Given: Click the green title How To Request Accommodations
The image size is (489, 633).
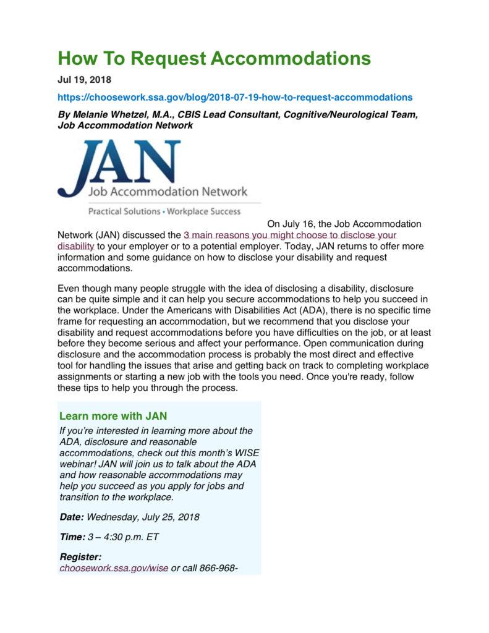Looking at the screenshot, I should point(214,59).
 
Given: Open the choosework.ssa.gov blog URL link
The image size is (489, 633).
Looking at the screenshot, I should point(234,97).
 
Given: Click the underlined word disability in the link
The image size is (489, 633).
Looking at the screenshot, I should point(75,246).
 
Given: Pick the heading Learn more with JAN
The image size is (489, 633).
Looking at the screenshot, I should point(113,416).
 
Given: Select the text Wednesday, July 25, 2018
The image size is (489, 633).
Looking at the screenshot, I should point(143,517).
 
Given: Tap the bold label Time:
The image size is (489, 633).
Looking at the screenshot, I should point(72,537).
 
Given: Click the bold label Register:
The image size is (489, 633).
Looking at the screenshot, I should point(80,557).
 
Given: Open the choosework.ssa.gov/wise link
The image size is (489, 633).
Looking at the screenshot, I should point(114,567).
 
